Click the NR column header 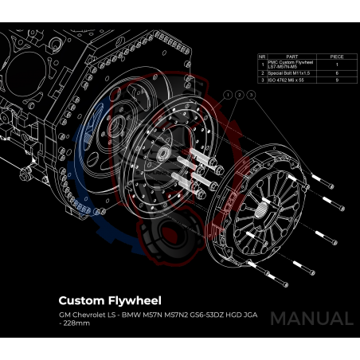coord(263,57)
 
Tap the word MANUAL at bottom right coord(311,319)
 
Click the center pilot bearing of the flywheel coord(162,153)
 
